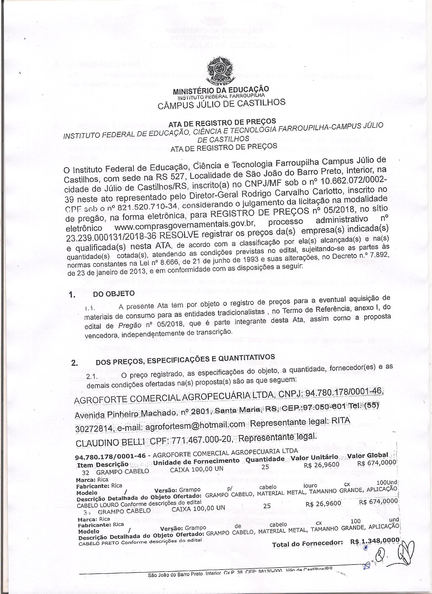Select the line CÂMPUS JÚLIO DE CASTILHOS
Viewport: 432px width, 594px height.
221,104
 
